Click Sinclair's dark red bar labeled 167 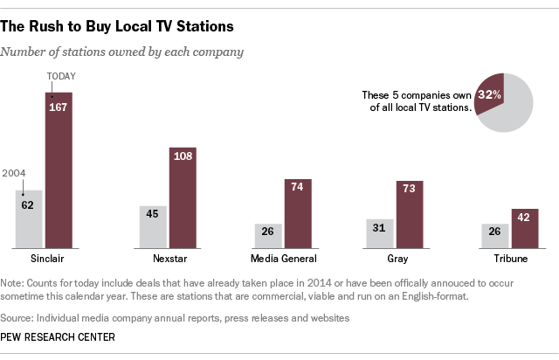click(59, 170)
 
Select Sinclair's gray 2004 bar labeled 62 click(29, 218)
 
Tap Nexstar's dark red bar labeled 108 click(183, 197)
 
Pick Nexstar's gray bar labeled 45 click(153, 226)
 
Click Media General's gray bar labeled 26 click(268, 235)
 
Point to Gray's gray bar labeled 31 click(380, 232)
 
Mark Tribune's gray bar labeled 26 click(495, 235)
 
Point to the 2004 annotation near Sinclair click(15, 173)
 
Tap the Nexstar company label click(168, 260)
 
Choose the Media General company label click(284, 260)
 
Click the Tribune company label click(510, 260)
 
